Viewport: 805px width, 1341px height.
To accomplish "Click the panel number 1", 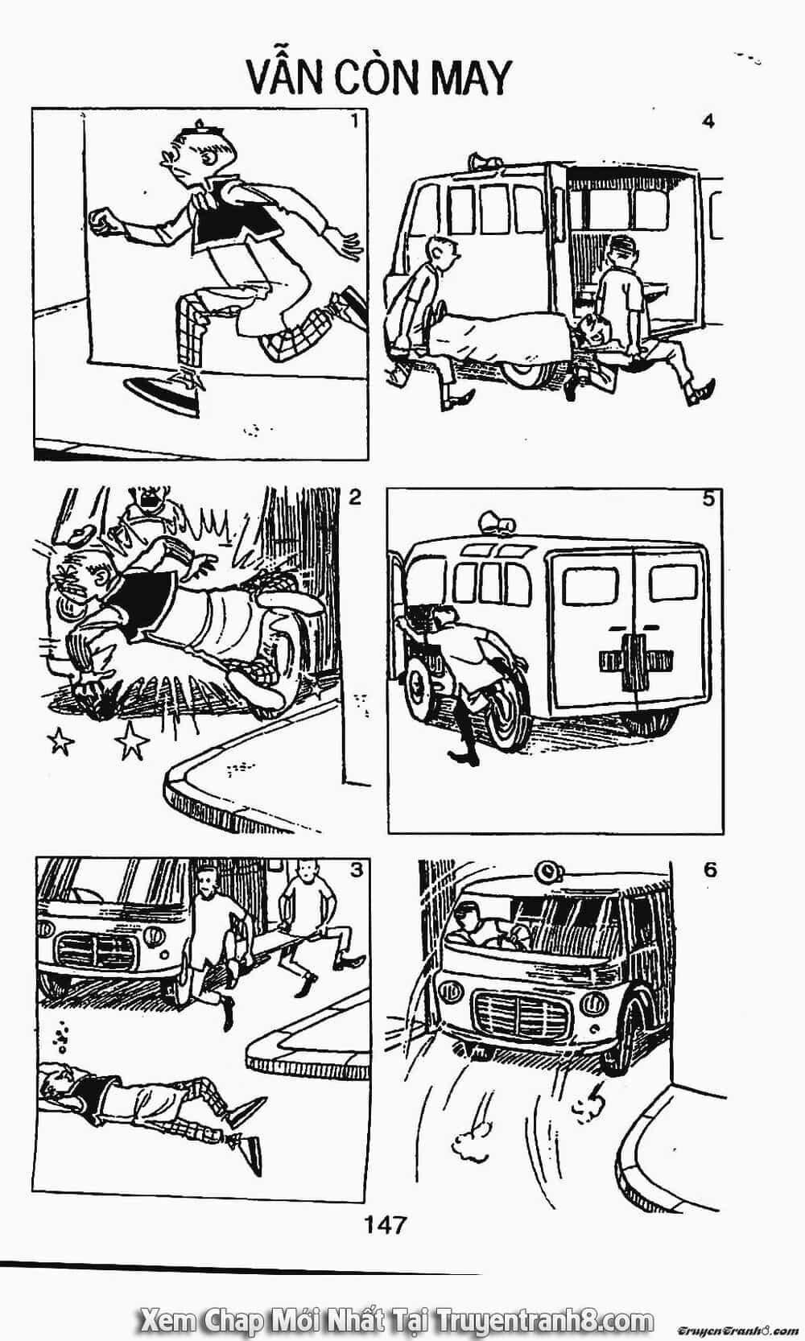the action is click(x=354, y=122).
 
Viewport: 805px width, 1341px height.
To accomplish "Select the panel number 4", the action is click(x=708, y=122).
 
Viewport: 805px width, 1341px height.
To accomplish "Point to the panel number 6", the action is click(x=710, y=869).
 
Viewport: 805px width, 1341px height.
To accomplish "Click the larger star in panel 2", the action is click(x=131, y=740).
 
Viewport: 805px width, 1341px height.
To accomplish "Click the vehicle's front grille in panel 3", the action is click(x=96, y=949).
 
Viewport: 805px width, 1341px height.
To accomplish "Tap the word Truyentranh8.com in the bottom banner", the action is click(x=545, y=1317).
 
